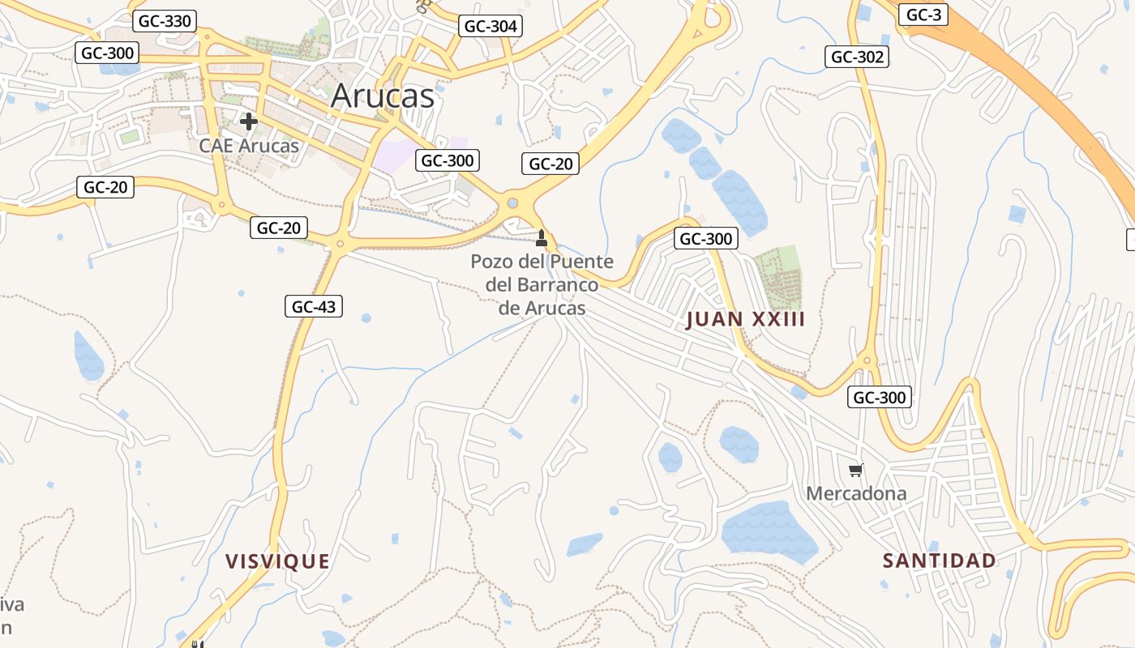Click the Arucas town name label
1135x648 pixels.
[383, 96]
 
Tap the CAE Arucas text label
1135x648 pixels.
[249, 147]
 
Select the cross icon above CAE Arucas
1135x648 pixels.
[249, 122]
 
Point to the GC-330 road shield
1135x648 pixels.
[165, 21]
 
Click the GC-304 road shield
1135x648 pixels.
[490, 26]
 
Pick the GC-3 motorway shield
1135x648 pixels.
[923, 15]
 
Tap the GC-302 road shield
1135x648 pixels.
[857, 57]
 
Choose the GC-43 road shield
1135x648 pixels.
[314, 306]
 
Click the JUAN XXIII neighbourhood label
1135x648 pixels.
[745, 319]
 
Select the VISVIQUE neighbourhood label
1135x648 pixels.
[277, 561]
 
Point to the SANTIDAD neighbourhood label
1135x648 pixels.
[939, 561]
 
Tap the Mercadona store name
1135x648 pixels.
[856, 493]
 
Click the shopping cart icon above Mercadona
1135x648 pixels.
[856, 470]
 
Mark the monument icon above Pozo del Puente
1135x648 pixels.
[542, 238]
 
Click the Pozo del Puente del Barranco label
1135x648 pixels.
[542, 285]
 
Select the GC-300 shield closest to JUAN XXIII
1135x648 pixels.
[705, 238]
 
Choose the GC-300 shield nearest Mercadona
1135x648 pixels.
[880, 397]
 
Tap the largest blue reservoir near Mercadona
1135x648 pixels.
[768, 531]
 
